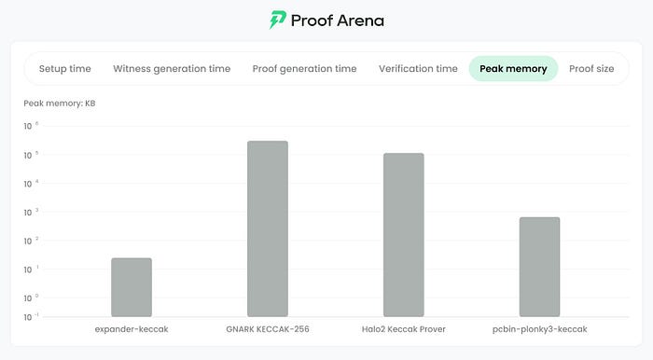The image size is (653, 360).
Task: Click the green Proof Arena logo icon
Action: tap(278, 20)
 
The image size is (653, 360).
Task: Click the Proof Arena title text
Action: tap(338, 21)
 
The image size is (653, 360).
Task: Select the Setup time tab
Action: tap(65, 69)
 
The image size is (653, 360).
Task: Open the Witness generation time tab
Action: tap(172, 69)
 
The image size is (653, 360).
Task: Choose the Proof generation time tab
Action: tap(304, 69)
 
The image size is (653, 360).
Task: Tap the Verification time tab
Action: tap(418, 69)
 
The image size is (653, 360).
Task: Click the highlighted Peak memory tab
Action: tap(513, 69)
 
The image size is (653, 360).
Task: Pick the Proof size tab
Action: tap(591, 69)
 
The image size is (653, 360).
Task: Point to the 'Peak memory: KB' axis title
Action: tap(60, 104)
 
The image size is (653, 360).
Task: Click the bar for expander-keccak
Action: tap(132, 287)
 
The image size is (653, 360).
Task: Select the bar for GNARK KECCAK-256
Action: tap(268, 228)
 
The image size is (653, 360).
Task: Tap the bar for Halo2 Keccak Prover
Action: tap(404, 235)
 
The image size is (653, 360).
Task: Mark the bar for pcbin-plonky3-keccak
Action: tap(540, 267)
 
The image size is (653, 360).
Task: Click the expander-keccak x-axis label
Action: tap(132, 329)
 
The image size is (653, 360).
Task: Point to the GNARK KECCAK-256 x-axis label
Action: tap(268, 329)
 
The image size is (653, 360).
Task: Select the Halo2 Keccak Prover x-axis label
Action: tap(404, 329)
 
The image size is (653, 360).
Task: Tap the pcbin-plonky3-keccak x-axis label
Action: tap(540, 329)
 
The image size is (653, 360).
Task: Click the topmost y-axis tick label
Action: tap(31, 126)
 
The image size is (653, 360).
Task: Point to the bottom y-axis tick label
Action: tap(31, 317)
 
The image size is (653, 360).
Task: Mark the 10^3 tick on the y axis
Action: tap(31, 213)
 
